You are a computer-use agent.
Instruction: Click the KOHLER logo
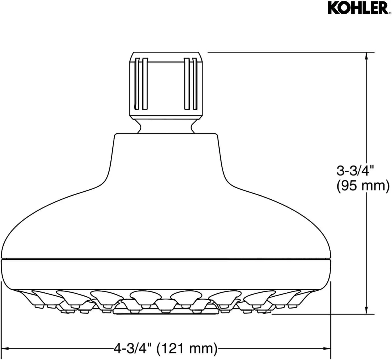point(358,8)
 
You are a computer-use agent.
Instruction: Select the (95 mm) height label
point(363,186)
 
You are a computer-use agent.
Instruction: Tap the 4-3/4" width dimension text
point(132,348)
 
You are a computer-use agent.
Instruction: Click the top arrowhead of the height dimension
point(366,56)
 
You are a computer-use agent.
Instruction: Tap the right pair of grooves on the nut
point(191,84)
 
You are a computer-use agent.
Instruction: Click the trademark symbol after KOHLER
point(389,13)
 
